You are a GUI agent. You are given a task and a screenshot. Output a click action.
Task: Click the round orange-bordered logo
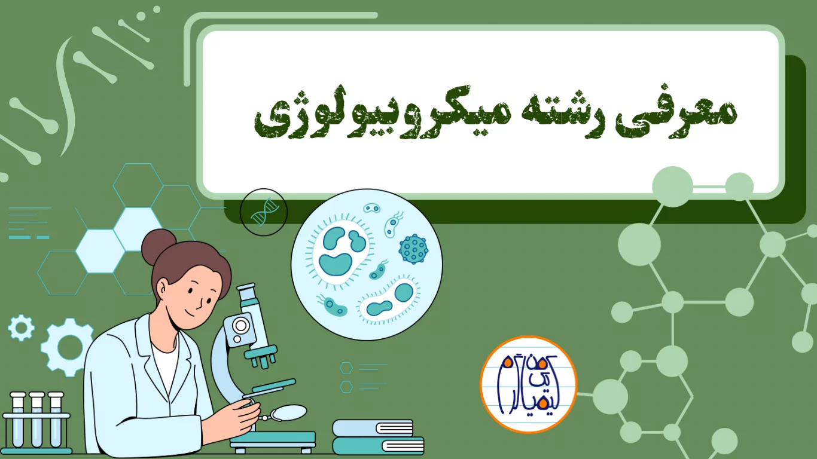[528, 384]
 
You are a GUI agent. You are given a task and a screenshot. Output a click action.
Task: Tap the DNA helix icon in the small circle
[263, 212]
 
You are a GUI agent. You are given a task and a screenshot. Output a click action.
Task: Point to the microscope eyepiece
[246, 294]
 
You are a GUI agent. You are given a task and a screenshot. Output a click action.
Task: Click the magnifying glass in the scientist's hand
[288, 412]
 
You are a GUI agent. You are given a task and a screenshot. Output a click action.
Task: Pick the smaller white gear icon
[21, 328]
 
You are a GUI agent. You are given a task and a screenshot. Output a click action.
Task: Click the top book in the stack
[373, 428]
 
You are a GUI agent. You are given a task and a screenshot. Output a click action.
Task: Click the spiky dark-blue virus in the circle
[413, 249]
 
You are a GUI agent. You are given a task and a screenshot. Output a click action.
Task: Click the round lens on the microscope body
[240, 326]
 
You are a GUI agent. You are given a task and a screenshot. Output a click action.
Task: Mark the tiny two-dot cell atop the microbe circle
[372, 209]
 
